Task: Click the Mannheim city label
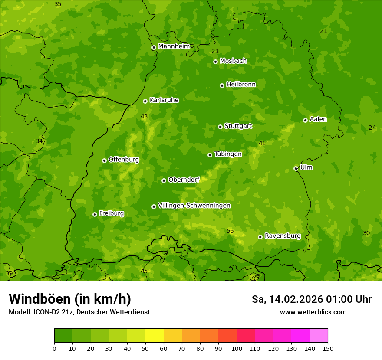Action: click(x=174, y=46)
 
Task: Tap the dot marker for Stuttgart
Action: click(x=220, y=127)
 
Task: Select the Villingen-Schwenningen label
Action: click(x=194, y=206)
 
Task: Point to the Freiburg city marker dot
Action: click(x=95, y=214)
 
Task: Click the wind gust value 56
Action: click(x=230, y=231)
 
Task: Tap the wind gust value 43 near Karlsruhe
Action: click(x=144, y=117)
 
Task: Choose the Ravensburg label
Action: click(x=282, y=236)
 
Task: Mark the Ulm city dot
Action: click(x=296, y=168)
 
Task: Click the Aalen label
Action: click(x=318, y=119)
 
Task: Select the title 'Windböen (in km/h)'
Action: click(x=70, y=299)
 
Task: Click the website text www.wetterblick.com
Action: click(x=313, y=312)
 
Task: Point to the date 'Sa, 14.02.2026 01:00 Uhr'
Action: click(x=311, y=299)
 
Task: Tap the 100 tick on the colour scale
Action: click(x=237, y=348)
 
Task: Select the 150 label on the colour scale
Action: click(x=328, y=348)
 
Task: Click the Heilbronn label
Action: click(x=241, y=85)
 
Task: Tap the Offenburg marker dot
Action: click(x=104, y=160)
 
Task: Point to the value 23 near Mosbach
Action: click(x=215, y=52)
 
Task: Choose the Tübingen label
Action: click(x=228, y=154)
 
